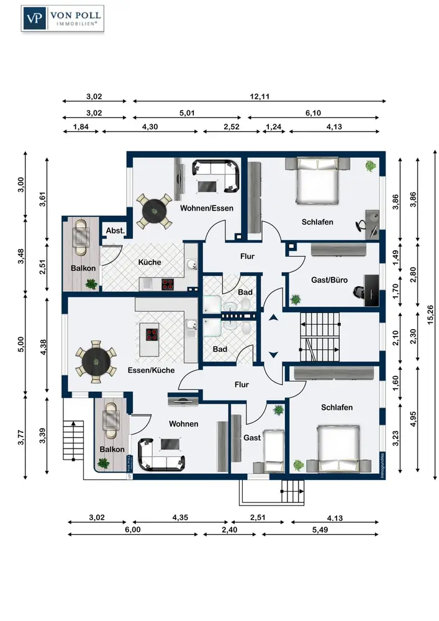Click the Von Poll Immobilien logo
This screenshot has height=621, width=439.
pos(63,19)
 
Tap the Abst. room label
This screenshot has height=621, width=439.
pos(115,230)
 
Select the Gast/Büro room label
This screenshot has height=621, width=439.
pos(329,280)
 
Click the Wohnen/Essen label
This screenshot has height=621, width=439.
pos(207,208)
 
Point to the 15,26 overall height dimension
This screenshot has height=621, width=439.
pos(430,315)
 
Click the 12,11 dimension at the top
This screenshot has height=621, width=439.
pos(260,96)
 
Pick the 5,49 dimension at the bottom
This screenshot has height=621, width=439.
pos(320,530)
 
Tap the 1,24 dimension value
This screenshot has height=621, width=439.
pos(274,127)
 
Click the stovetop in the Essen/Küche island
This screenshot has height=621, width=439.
pos(152,335)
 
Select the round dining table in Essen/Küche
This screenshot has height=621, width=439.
pos(96,361)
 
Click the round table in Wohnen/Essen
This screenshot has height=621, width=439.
pos(155,211)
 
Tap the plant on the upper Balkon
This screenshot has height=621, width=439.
pos(91,284)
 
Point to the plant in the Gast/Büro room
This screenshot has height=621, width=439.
pos(296,300)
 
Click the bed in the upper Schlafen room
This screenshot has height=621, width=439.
pos(318,179)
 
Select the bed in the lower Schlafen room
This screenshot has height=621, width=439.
pos(339,449)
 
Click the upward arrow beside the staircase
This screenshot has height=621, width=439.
pos(274,317)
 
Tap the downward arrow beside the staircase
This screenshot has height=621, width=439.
pos(274,355)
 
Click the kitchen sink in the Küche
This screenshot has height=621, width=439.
pos(191,264)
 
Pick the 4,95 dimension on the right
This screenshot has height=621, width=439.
pos(414,419)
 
